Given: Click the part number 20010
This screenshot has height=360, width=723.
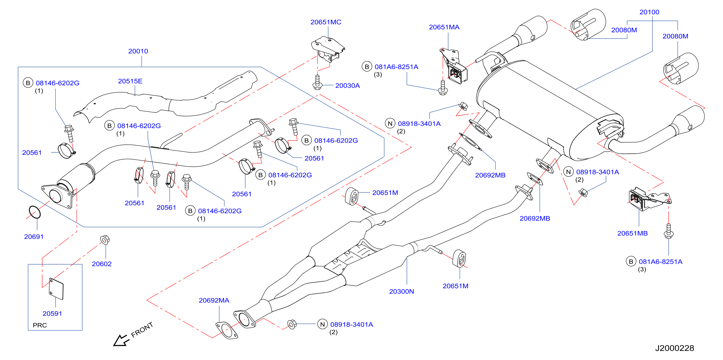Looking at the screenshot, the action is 138,51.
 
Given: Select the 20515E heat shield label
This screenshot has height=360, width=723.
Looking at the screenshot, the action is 130,81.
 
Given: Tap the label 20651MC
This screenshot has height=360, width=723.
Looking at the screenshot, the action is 326,22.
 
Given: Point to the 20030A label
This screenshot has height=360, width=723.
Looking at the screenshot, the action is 347,86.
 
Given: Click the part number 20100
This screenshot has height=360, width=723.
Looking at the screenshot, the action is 649,12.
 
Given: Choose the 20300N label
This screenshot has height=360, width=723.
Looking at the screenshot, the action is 402,292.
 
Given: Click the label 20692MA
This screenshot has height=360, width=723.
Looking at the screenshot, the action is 214,301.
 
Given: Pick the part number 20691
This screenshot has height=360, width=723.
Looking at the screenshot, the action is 34,237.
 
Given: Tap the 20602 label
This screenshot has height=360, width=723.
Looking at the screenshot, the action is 102,264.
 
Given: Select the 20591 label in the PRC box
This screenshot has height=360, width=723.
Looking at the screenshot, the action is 52,314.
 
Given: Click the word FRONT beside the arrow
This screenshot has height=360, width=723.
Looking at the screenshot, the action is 142,329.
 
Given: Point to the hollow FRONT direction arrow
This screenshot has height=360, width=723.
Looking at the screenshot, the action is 121,341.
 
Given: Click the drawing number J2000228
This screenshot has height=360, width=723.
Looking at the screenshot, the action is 675,348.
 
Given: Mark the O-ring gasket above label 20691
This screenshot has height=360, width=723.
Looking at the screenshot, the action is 35,212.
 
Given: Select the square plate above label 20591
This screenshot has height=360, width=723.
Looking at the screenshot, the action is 56,289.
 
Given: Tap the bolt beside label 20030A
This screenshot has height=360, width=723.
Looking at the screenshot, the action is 317,82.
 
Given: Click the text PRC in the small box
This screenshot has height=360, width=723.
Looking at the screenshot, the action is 40,326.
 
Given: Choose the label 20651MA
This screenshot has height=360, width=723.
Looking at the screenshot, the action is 444,27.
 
